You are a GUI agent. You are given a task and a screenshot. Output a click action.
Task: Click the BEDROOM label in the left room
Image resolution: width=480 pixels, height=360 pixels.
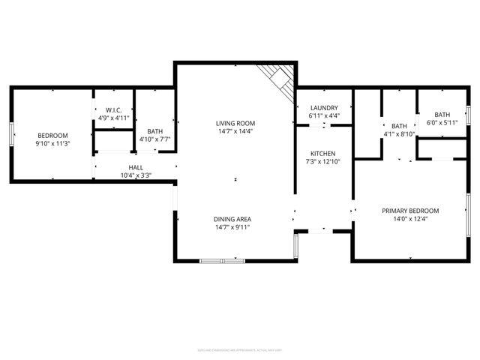[52, 135]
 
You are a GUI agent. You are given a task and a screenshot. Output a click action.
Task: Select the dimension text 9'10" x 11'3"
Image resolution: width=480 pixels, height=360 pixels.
[52, 143]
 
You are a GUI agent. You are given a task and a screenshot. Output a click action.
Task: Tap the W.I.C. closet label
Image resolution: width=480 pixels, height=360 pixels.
[114, 109]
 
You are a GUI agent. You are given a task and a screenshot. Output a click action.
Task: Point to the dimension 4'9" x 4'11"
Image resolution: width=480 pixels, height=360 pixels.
[114, 118]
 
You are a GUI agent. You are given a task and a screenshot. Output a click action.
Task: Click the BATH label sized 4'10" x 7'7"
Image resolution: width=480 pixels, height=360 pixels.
[155, 130]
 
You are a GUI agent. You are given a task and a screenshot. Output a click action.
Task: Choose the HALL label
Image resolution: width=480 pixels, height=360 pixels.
[136, 168]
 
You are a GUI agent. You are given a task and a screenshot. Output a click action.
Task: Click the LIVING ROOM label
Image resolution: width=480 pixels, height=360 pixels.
[235, 123]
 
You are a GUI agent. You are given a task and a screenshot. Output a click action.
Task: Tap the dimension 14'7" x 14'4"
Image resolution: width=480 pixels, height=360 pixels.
[235, 131]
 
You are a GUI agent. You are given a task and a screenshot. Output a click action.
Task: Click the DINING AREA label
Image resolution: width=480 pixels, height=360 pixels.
[232, 218]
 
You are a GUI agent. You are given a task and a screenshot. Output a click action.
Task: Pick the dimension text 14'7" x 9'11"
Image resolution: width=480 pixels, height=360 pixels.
[232, 226]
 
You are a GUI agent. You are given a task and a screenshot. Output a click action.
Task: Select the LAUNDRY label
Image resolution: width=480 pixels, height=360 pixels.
[324, 108]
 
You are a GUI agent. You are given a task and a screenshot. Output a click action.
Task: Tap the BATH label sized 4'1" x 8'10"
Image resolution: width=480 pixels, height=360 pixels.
[399, 126]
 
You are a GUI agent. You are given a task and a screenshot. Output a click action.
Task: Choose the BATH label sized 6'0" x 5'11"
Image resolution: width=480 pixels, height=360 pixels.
[442, 114]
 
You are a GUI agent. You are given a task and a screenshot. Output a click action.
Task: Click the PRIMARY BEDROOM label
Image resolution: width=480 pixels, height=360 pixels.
[410, 211]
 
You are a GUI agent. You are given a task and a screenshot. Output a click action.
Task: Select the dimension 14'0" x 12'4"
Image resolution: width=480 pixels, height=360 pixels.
[410, 219]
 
